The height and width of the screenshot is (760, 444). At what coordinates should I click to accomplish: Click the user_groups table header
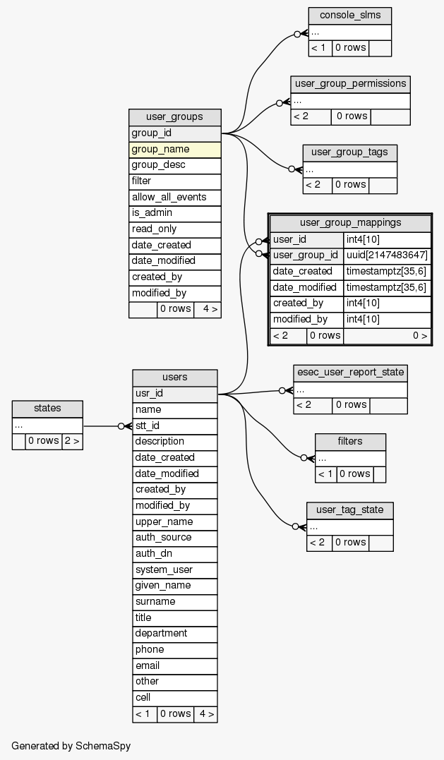174,117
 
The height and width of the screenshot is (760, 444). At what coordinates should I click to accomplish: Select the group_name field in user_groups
174,149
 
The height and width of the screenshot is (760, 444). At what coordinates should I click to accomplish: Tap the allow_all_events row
174,197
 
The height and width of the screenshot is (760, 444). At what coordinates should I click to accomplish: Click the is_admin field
174,213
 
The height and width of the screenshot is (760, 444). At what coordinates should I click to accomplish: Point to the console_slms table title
349,15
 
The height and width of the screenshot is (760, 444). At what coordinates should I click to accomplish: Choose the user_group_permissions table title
350,83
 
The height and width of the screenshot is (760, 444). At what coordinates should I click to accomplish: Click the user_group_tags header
349,152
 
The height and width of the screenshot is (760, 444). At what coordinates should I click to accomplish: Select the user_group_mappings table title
350,222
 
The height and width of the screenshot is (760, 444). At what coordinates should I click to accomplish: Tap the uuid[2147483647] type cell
387,255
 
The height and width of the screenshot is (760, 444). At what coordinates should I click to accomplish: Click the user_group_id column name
306,255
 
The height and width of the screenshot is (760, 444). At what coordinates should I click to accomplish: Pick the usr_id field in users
174,393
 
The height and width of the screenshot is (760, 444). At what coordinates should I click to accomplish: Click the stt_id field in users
174,426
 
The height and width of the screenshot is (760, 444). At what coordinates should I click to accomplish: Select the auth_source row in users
174,538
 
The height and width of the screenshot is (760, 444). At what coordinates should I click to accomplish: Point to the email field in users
174,665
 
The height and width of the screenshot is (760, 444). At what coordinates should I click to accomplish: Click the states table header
47,408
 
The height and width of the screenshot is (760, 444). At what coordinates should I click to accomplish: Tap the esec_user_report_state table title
350,372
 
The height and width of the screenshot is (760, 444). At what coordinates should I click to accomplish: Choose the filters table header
350,441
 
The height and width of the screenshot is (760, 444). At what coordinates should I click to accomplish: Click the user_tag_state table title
349,509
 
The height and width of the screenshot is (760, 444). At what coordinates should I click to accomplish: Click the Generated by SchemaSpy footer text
71,745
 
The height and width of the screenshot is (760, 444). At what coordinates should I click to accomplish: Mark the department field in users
174,634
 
